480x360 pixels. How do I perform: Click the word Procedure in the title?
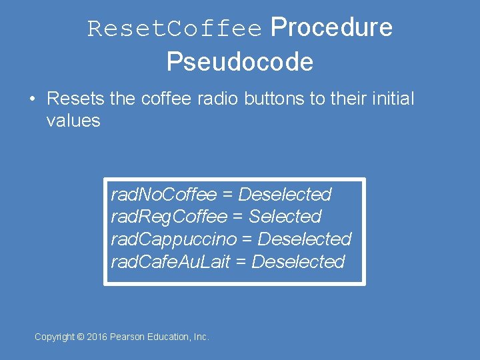point(331,28)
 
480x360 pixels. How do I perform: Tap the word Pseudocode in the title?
point(240,62)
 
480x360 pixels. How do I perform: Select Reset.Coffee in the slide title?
point(175,29)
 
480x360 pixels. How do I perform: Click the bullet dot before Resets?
point(32,99)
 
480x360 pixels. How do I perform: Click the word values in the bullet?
point(73,121)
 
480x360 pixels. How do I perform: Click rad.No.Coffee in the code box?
point(164,195)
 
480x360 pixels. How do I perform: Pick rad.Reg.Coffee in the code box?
point(169,217)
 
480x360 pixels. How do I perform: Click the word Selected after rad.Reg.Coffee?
point(285,217)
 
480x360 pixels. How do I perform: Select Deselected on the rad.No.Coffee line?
point(285,195)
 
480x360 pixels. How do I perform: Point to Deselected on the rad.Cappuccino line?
point(304,239)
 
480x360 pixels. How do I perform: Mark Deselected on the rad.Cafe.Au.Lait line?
point(299,261)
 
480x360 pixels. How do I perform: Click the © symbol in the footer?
point(81,337)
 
